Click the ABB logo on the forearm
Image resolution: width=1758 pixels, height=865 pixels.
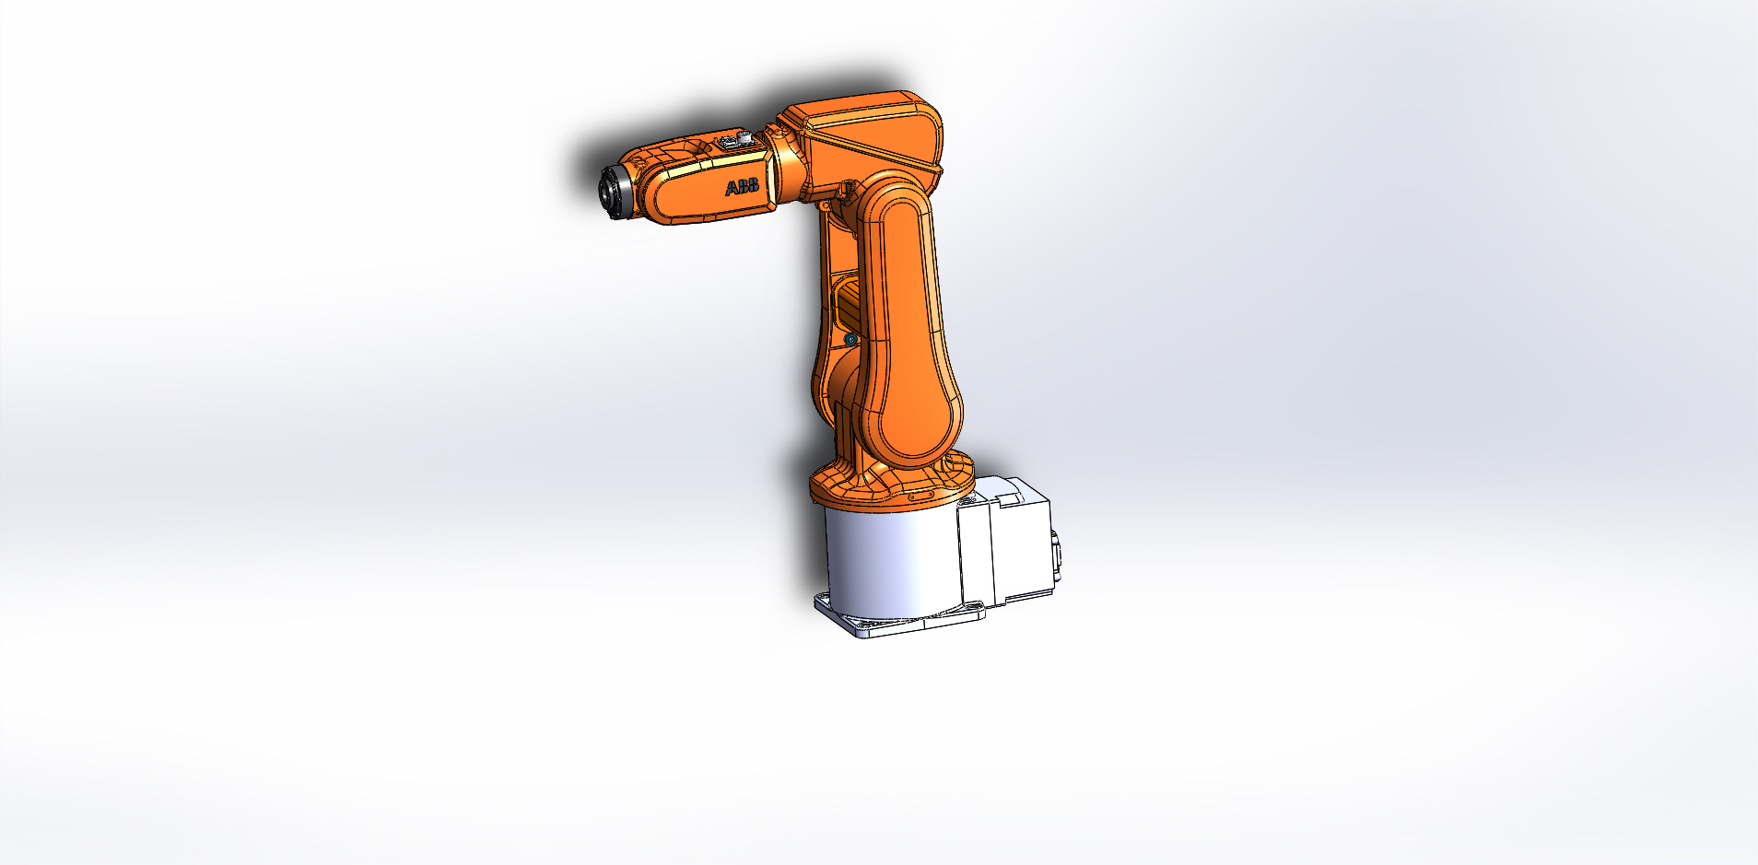(x=742, y=188)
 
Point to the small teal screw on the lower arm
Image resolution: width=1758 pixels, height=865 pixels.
(x=850, y=341)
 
